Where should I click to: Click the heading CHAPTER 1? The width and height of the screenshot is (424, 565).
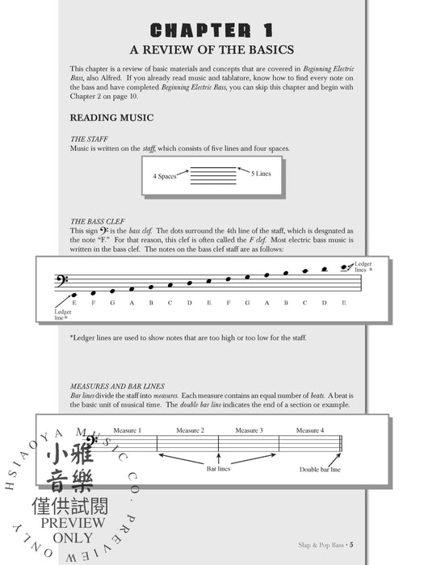212,31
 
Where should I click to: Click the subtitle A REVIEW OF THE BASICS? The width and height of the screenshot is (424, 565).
212,52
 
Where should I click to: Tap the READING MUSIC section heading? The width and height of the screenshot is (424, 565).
111,118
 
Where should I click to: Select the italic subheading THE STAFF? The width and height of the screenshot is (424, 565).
89,139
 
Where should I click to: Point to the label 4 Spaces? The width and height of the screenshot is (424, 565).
166,175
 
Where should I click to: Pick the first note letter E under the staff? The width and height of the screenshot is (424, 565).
74,303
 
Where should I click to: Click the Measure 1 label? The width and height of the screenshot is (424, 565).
127,430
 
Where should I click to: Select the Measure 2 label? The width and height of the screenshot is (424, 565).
191,430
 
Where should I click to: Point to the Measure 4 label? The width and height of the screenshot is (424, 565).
310,430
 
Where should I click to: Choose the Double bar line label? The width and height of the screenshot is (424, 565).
321,468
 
